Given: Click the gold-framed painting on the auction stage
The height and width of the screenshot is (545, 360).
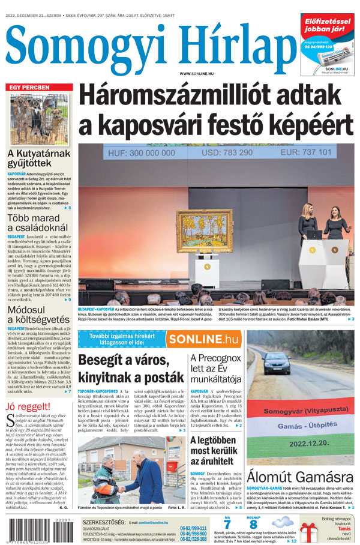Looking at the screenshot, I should coord(204,230).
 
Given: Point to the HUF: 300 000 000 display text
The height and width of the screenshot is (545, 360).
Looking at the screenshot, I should coord(142,153).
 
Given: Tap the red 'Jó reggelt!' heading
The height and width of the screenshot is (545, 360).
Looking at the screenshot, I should coord(28,408).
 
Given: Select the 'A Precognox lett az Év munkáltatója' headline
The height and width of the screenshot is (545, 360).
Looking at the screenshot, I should coord(216,368).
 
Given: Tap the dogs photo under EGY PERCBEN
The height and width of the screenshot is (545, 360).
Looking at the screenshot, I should coord(39,118).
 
